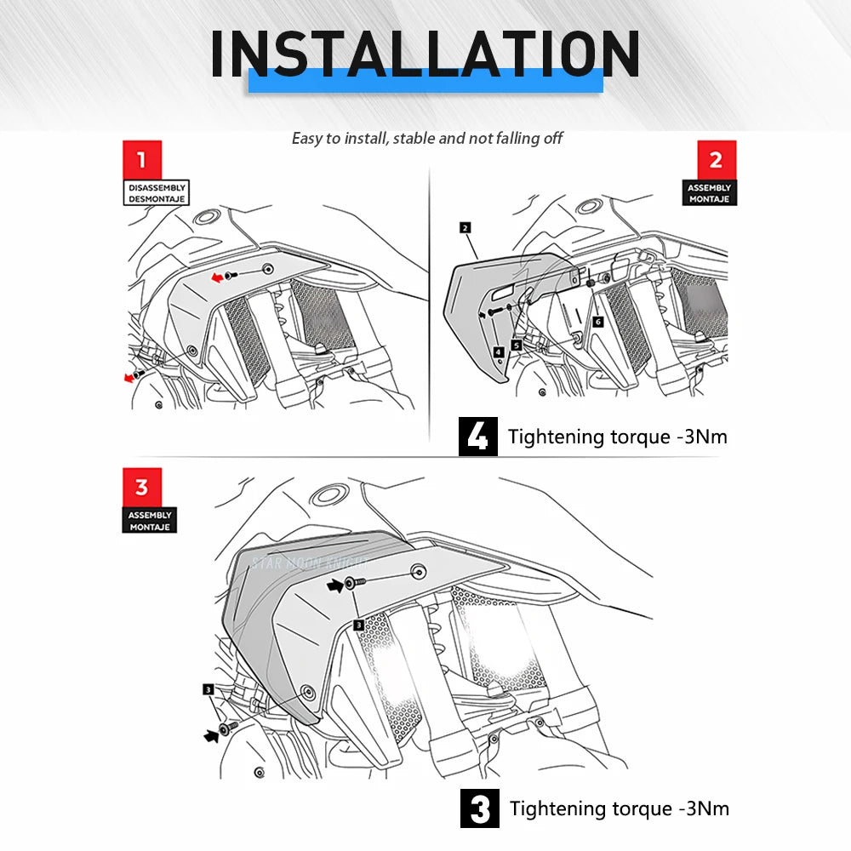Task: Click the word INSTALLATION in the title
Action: [425, 54]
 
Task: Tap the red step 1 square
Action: [142, 160]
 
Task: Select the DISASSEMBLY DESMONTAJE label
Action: [157, 192]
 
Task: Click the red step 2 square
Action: [717, 160]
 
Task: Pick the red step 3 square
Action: [141, 487]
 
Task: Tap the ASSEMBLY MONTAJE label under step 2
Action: [710, 192]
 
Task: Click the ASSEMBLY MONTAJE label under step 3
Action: [150, 521]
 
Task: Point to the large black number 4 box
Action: [477, 437]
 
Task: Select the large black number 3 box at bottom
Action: [480, 808]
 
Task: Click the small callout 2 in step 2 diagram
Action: [465, 227]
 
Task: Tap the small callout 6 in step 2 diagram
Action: [597, 322]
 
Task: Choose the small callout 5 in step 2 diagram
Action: [517, 345]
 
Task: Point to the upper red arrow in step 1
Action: [217, 277]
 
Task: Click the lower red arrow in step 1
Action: [129, 378]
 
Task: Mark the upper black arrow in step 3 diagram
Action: [335, 585]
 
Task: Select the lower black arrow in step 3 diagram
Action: [211, 735]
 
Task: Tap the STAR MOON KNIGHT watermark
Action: [311, 563]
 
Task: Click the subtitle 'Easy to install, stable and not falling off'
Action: [427, 139]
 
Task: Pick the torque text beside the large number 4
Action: [618, 437]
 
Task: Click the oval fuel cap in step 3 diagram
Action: [328, 494]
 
